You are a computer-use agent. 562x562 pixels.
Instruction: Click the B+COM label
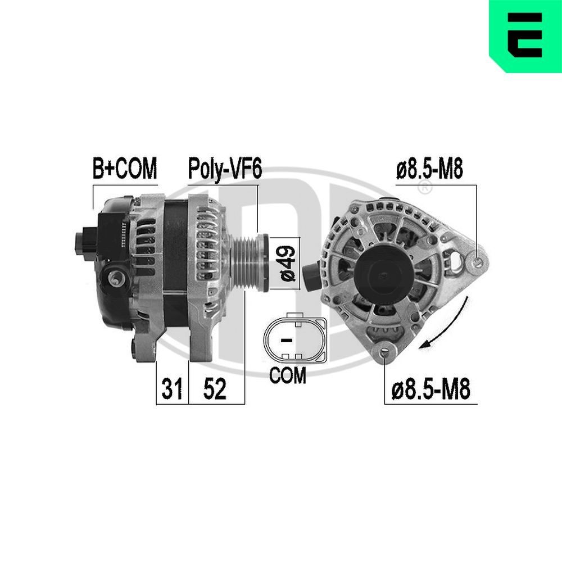click(125, 169)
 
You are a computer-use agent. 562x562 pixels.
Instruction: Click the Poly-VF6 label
click(224, 169)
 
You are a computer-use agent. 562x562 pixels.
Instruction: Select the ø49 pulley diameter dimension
click(287, 262)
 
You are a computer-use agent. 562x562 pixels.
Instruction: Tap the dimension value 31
click(172, 389)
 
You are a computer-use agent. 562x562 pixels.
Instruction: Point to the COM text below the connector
click(288, 375)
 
